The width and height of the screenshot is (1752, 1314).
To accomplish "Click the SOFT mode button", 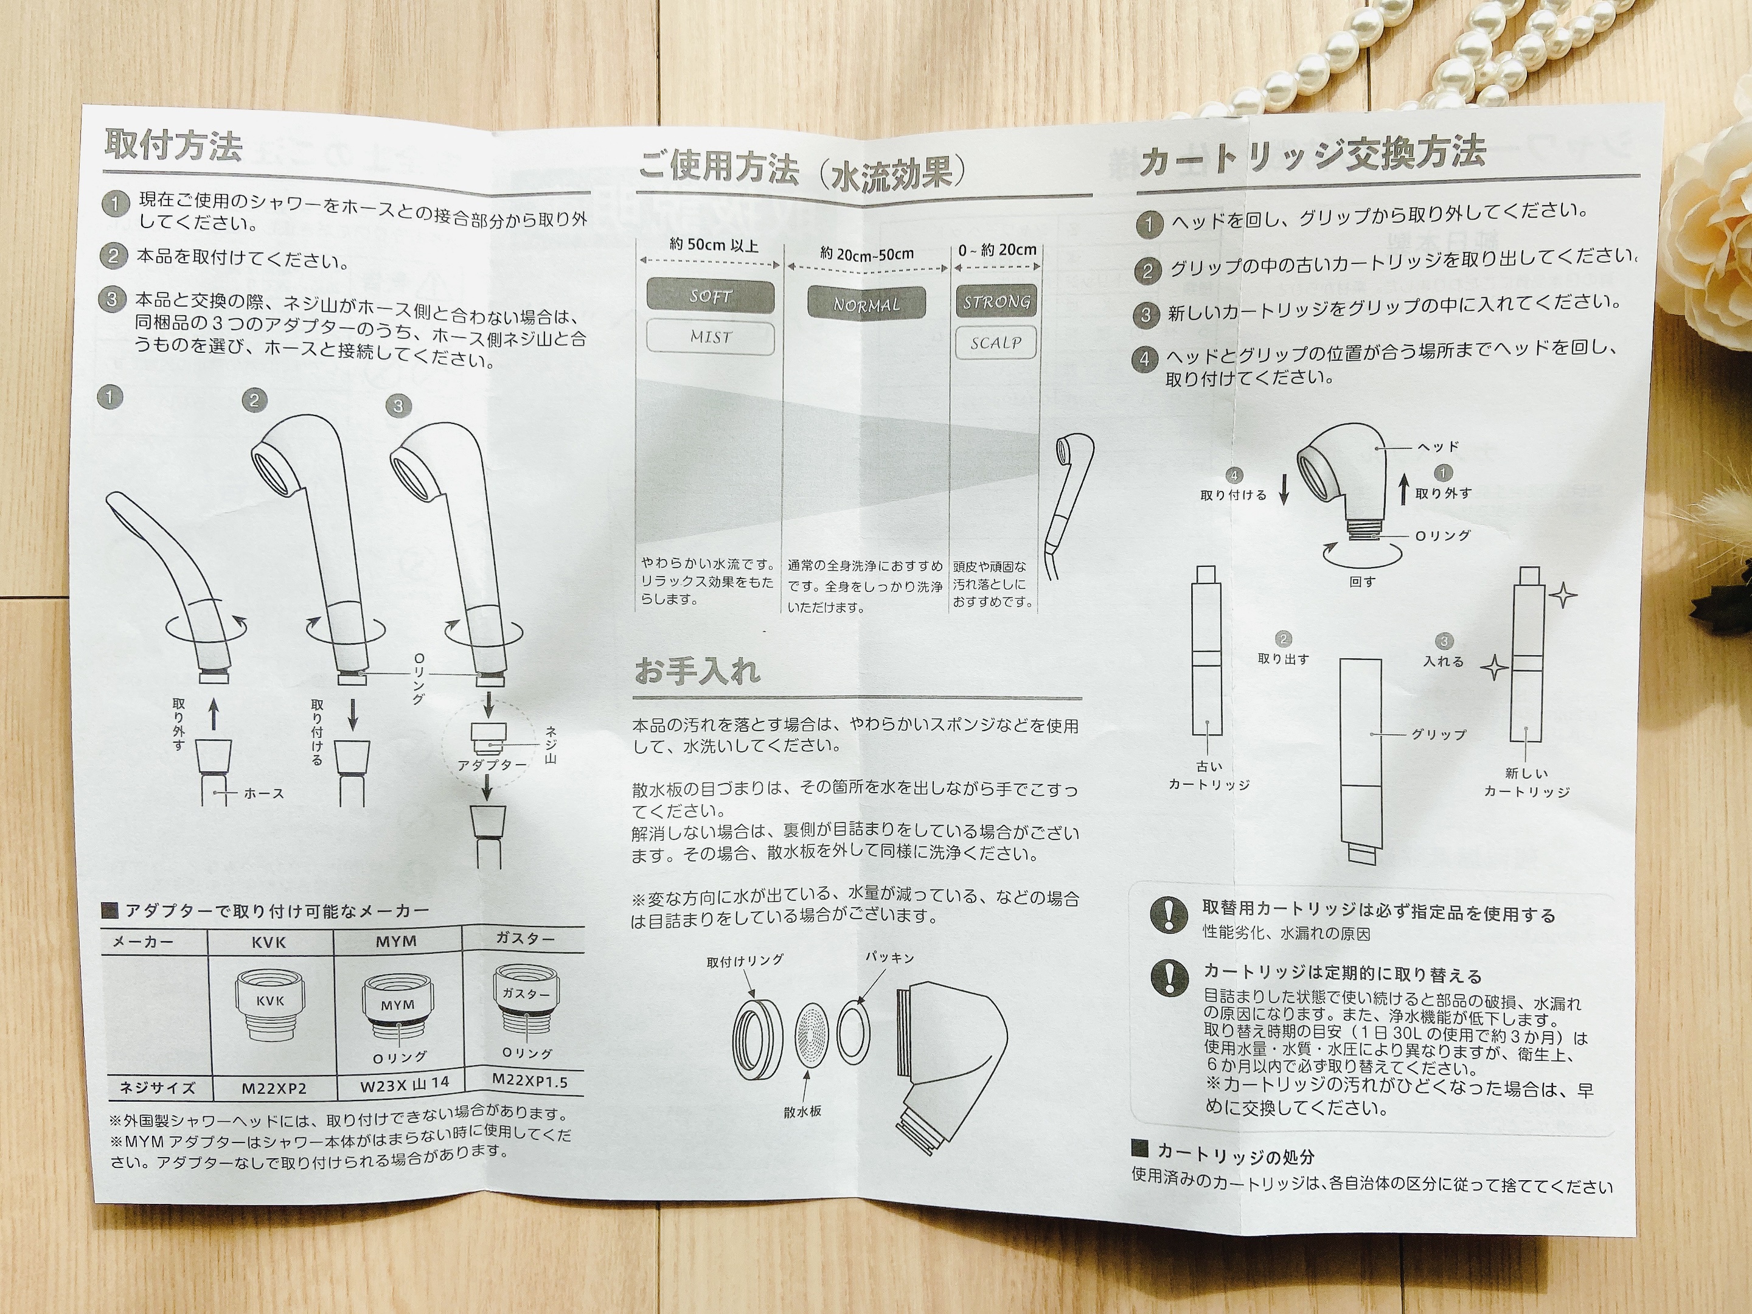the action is (710, 296).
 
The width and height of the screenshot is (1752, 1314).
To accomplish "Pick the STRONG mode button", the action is (996, 301).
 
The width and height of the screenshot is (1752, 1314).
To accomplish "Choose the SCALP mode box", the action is (996, 342).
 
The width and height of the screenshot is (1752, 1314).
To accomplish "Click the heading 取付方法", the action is (173, 144).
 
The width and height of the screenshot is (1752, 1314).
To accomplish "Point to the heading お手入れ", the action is (697, 670).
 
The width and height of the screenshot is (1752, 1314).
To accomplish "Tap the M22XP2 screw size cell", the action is (274, 1089).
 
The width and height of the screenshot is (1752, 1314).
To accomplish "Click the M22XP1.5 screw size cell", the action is (530, 1080).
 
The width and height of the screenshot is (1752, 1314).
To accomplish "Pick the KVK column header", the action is (269, 942).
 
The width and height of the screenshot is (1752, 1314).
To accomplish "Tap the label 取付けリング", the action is (745, 961).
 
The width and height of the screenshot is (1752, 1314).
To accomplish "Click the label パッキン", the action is (889, 958).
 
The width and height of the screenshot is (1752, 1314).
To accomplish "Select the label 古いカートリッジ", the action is (1209, 776).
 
